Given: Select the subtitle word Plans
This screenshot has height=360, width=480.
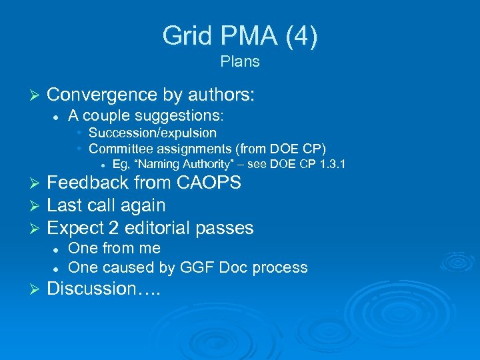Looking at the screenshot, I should (239, 62).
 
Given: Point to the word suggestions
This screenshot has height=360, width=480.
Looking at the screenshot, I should (182, 115).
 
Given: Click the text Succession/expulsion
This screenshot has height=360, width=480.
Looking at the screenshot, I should (152, 133).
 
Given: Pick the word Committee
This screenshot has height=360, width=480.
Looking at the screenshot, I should (123, 148).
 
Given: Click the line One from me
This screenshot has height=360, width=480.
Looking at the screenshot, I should (114, 248).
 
